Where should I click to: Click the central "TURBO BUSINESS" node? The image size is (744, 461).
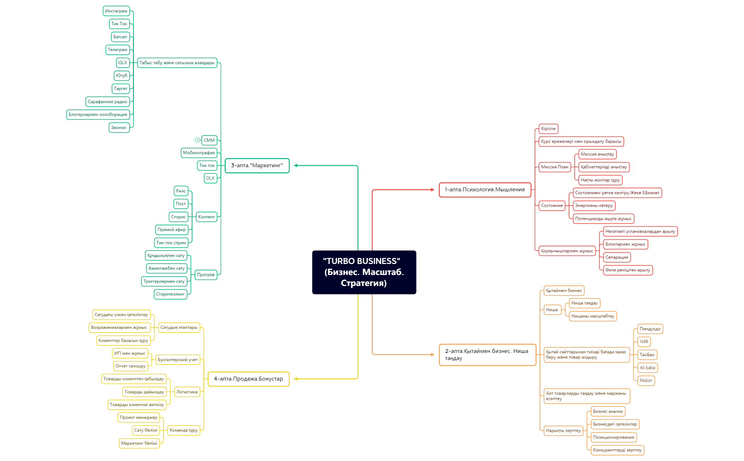364,272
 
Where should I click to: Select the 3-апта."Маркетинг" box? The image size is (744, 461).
257,165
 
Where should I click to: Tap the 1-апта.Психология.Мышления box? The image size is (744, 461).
485,190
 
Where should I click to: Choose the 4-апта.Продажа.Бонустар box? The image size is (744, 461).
248,379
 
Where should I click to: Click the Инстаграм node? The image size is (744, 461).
116,11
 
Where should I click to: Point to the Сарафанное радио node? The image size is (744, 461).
107,102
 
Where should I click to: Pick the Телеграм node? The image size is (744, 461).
117,50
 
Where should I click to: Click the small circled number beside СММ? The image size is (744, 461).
197,140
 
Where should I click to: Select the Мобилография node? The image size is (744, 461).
199,153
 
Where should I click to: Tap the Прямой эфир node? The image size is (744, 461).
171,230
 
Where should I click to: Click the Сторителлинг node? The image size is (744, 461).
170,294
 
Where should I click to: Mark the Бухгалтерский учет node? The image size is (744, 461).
177,360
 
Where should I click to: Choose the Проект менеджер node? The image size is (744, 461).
139,417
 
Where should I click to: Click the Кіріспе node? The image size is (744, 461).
548,129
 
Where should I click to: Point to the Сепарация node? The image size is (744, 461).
617,257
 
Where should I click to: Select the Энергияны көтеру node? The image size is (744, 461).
594,206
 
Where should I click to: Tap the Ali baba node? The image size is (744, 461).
647,368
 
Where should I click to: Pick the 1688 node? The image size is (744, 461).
644,342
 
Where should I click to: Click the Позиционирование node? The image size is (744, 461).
614,437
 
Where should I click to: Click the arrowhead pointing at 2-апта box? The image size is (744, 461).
432,355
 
